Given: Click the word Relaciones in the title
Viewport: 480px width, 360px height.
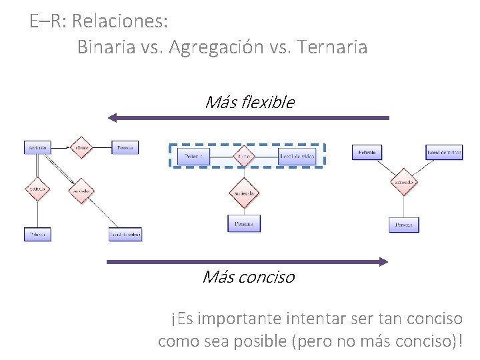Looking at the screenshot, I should point(119,21).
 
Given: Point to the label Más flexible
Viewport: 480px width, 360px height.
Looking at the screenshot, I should point(249,102).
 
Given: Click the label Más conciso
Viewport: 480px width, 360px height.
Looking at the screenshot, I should point(248,277).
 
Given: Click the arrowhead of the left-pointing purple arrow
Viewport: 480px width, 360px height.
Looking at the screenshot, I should point(113,118).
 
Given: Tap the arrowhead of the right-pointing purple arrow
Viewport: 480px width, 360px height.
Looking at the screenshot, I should point(383,262).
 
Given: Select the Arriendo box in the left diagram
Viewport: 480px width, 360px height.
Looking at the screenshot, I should point(38,147).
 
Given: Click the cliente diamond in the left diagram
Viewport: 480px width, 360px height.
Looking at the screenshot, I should point(81,147).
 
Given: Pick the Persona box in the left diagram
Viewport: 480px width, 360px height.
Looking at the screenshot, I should point(125,147).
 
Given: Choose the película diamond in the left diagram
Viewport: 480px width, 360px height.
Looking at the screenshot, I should point(37,189).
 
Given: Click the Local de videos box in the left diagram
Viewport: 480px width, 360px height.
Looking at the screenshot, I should point(125,235).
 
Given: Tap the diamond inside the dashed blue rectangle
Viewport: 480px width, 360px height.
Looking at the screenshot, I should point(245,156).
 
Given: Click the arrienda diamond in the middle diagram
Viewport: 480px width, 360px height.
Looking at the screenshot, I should point(245,193).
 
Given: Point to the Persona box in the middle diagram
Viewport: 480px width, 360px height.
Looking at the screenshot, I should point(244,224).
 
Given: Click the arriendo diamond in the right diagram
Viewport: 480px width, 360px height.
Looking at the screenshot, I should point(403,182).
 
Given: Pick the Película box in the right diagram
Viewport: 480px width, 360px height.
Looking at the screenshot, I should point(367,153).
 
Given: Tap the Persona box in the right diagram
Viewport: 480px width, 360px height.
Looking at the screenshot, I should point(403,225).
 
